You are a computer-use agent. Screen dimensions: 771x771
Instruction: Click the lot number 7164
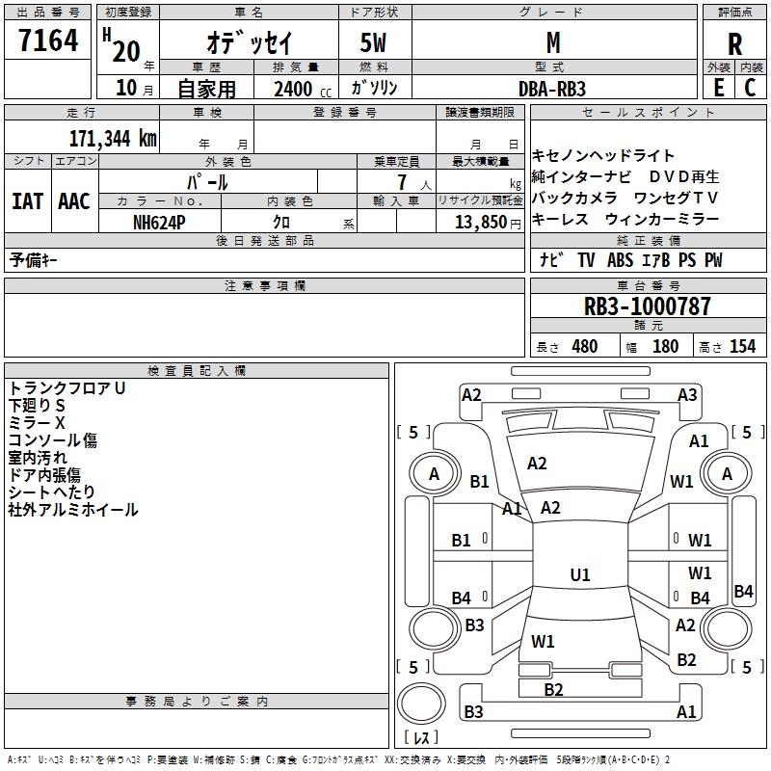tap(48, 40)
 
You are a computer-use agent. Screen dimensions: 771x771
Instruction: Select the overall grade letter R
tap(734, 44)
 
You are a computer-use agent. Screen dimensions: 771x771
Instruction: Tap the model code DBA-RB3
tap(552, 89)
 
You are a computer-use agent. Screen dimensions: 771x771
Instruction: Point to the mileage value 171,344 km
tap(113, 139)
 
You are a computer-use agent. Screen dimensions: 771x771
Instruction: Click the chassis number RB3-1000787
tap(647, 306)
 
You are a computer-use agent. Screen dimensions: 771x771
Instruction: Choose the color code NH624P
tap(159, 223)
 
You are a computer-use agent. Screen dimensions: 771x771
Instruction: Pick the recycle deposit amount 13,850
tap(480, 223)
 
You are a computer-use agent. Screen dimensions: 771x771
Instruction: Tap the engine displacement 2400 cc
tap(303, 89)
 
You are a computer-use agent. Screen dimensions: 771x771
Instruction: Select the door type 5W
tap(373, 42)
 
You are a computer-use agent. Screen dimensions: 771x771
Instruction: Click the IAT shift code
tap(28, 201)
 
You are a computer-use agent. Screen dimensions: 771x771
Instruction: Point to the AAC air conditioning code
tap(74, 201)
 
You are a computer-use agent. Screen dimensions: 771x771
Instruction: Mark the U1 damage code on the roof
tap(580, 574)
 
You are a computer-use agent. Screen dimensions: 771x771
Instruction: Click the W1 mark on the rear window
tap(543, 641)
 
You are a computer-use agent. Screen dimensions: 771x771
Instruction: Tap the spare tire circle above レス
tap(421, 704)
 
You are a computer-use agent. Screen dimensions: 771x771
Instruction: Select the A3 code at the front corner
tap(687, 395)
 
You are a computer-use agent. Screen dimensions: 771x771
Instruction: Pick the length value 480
tap(585, 346)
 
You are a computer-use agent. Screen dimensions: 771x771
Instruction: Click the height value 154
tap(742, 346)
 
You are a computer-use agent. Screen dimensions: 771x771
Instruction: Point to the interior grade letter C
tap(750, 88)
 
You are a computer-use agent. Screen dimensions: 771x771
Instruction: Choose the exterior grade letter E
tap(718, 88)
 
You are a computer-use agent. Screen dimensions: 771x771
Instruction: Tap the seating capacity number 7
tap(402, 182)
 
